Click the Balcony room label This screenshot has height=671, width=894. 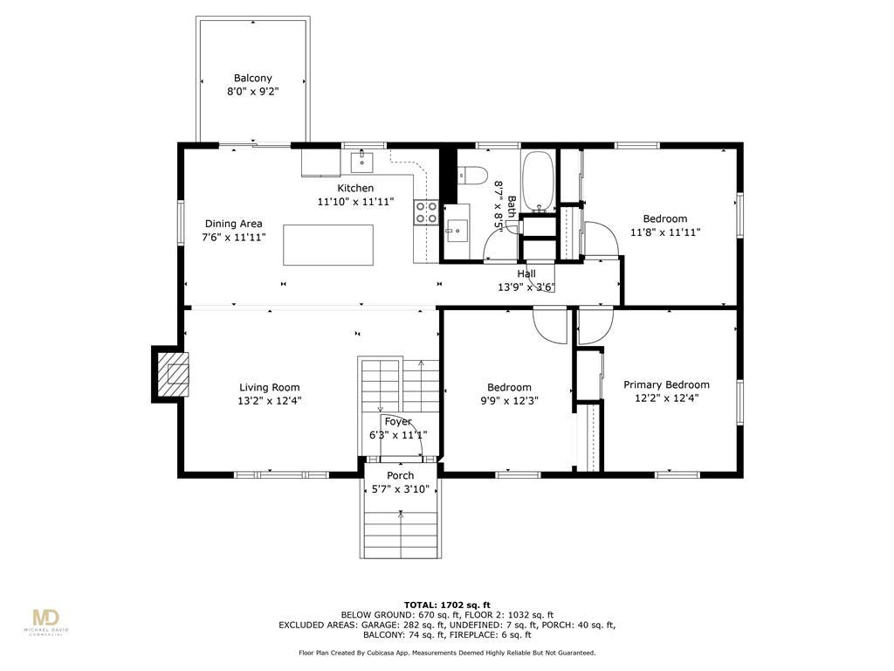pyautogui.click(x=252, y=78)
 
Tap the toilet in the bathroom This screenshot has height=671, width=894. pyautogui.click(x=473, y=175)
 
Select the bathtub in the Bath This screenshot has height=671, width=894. pyautogui.click(x=538, y=180)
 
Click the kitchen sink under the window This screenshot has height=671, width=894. pyautogui.click(x=361, y=162)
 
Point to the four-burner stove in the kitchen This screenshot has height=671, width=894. pyautogui.click(x=426, y=211)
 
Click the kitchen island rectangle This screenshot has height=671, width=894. pyautogui.click(x=328, y=245)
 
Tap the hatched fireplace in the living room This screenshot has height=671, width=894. pyautogui.click(x=173, y=374)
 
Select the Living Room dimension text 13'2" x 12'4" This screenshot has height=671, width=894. pyautogui.click(x=269, y=401)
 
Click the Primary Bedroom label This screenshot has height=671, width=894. pyautogui.click(x=666, y=384)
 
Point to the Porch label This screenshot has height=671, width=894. pyautogui.click(x=400, y=475)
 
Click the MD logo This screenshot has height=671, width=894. pyautogui.click(x=46, y=618)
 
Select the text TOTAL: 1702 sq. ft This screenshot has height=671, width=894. pyautogui.click(x=447, y=605)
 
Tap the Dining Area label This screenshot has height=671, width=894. pyautogui.click(x=234, y=224)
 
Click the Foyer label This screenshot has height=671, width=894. pyautogui.click(x=398, y=422)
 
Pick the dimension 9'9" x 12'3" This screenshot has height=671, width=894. pyautogui.click(x=509, y=401)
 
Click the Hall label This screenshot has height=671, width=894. pyautogui.click(x=526, y=273)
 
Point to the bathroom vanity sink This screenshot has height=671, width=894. pyautogui.click(x=457, y=231)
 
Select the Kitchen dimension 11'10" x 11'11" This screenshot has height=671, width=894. pyautogui.click(x=356, y=202)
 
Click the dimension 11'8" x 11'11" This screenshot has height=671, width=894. pyautogui.click(x=665, y=232)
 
